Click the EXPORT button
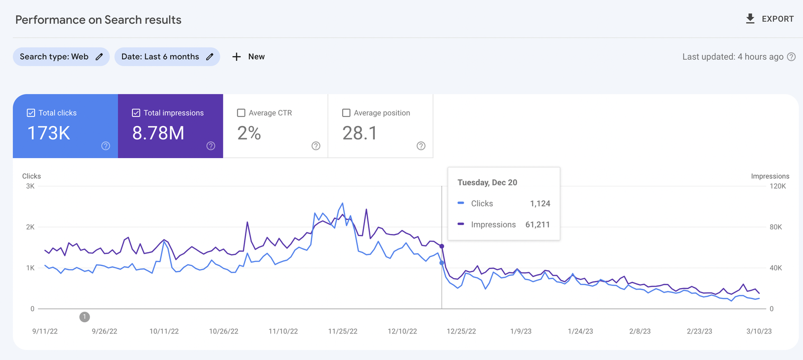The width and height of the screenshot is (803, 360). pyautogui.click(x=770, y=19)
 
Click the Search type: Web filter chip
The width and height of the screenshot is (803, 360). pyautogui.click(x=61, y=57)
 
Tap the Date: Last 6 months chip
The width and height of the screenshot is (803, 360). pyautogui.click(x=167, y=57)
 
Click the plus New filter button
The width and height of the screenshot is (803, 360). pyautogui.click(x=249, y=57)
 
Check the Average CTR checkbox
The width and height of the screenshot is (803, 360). pyautogui.click(x=241, y=113)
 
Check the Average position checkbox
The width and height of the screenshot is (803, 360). pyautogui.click(x=346, y=113)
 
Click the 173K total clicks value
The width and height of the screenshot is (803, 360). pyautogui.click(x=49, y=134)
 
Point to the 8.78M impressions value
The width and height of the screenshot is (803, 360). pyautogui.click(x=158, y=134)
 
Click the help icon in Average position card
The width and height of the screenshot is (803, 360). pyautogui.click(x=421, y=146)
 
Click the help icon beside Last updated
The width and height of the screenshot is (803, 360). pyautogui.click(x=791, y=57)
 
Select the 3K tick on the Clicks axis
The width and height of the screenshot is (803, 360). pyautogui.click(x=30, y=186)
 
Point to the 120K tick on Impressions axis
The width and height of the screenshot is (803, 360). pyautogui.click(x=777, y=186)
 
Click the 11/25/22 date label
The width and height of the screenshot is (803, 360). pyautogui.click(x=343, y=331)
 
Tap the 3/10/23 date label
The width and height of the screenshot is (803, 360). pyautogui.click(x=759, y=331)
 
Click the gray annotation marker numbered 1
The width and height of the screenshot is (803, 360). pyautogui.click(x=85, y=317)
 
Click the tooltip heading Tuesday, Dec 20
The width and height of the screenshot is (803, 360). pyautogui.click(x=487, y=183)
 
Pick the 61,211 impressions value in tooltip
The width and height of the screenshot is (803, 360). pyautogui.click(x=538, y=225)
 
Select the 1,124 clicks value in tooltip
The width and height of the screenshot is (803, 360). pyautogui.click(x=540, y=204)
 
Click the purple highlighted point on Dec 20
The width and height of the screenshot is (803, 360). pyautogui.click(x=442, y=246)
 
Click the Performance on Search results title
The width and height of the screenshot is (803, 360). pyautogui.click(x=98, y=20)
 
